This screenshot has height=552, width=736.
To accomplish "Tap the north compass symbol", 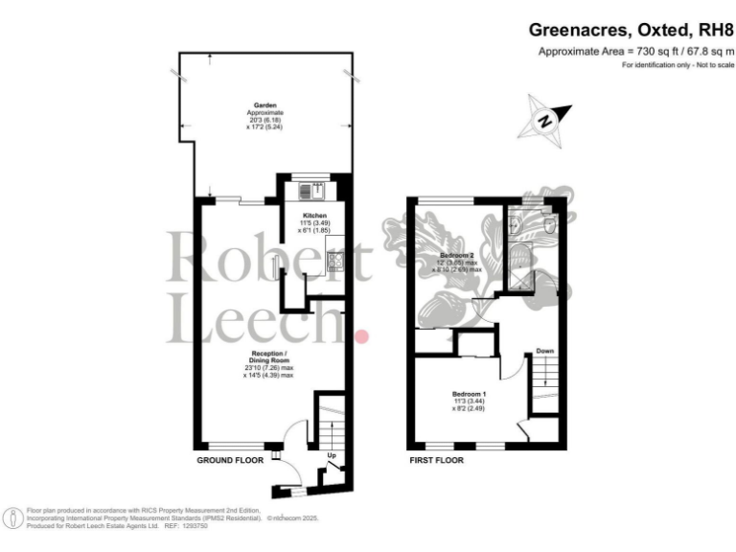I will (546, 120).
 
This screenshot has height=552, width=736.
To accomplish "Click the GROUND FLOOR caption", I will (230, 461).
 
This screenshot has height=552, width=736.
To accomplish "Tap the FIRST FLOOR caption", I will (435, 461).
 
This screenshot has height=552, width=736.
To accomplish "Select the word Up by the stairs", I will (333, 455).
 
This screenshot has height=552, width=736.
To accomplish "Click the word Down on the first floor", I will (544, 351).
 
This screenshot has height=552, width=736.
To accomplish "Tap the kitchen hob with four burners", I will (335, 262).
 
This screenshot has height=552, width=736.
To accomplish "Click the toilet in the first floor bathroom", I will (546, 223).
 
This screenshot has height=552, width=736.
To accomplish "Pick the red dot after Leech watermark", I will (362, 336).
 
